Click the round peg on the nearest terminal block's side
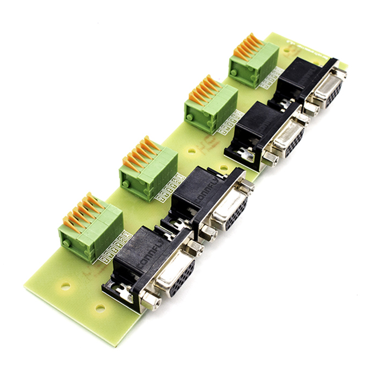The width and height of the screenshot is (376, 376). [x=67, y=243]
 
